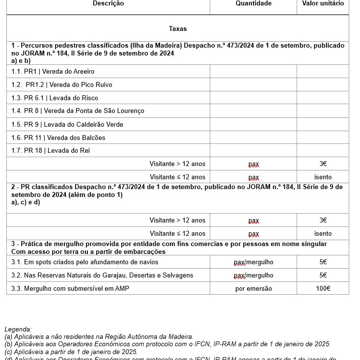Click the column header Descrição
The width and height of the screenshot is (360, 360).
point(108,3)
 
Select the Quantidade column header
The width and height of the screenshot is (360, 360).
point(253,3)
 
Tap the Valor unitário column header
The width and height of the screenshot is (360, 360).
point(323,3)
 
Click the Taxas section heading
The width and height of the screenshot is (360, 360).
point(177,29)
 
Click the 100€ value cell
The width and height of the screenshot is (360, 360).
point(323,289)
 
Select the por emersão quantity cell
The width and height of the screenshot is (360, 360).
point(253,289)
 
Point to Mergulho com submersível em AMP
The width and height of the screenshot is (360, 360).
point(70,289)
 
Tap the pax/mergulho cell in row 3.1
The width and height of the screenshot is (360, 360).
point(253,262)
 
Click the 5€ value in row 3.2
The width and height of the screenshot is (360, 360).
point(323,276)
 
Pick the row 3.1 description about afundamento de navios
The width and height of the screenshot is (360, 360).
point(84,262)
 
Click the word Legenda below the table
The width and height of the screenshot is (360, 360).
point(18,329)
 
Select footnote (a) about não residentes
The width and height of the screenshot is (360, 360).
point(99,336)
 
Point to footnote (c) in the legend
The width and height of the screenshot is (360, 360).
point(71,352)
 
